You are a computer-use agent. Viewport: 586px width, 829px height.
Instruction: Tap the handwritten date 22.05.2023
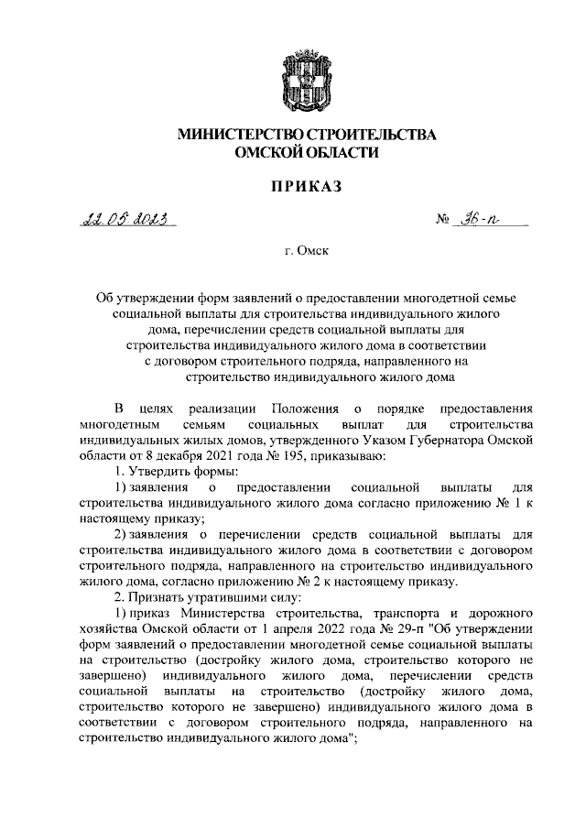(129, 220)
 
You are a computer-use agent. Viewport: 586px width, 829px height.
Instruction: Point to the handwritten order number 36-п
(494, 220)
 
